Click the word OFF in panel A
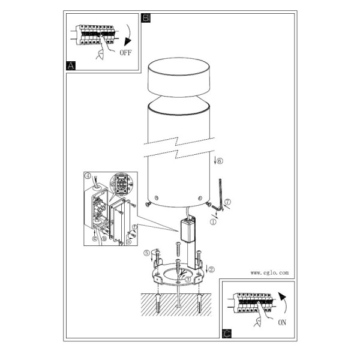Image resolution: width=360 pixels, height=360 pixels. (x=125, y=53)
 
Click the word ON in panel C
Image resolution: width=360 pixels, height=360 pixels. (x=282, y=322)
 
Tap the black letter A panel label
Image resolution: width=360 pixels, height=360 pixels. (x=71, y=65)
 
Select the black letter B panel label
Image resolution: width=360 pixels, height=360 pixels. (x=146, y=18)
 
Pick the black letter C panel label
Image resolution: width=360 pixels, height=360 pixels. (x=227, y=334)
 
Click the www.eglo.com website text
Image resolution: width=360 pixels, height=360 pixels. (x=269, y=273)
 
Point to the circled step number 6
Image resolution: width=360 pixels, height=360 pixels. (x=220, y=161)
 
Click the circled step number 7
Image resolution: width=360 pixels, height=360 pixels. (x=227, y=202)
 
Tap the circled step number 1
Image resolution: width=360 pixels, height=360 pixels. (x=213, y=222)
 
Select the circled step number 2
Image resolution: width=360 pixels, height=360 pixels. (x=211, y=269)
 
